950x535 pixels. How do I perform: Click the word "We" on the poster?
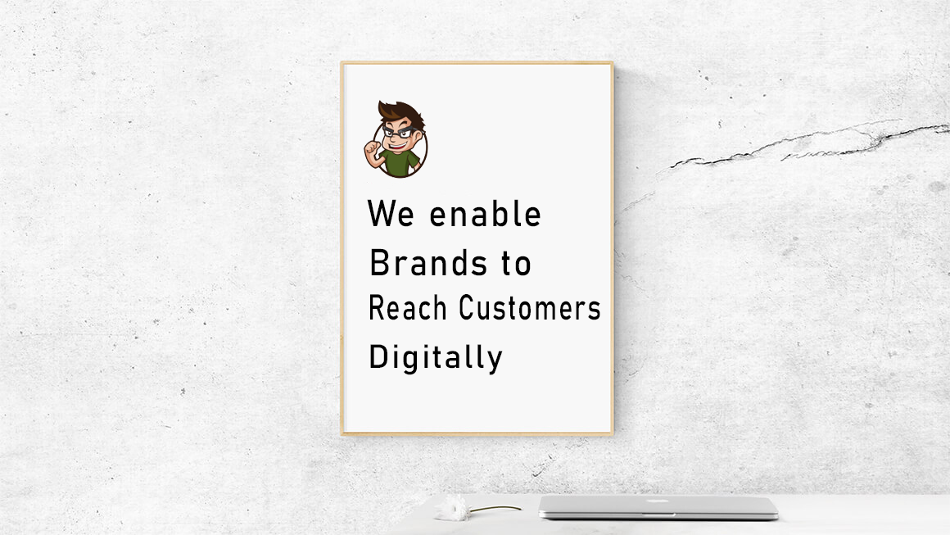391,213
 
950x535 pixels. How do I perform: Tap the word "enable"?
485,213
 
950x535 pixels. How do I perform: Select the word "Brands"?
428,263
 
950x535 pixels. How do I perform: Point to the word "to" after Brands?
516,264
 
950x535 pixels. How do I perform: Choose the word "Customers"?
530,307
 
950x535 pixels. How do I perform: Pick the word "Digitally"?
436,357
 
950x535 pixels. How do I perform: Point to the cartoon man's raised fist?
371,148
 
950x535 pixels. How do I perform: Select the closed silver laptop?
658,507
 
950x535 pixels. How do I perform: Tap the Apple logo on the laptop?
658,501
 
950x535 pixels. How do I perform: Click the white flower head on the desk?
451,508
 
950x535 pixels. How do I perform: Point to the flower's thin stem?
495,509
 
